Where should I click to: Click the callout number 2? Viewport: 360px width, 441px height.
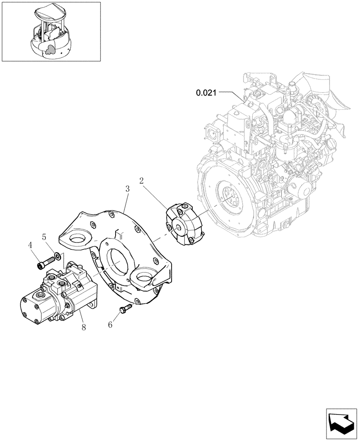click(x=142, y=180)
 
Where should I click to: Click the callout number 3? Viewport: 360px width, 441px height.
click(x=127, y=189)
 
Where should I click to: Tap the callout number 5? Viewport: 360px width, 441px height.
click(x=44, y=237)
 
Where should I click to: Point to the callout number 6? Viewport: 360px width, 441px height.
click(x=111, y=325)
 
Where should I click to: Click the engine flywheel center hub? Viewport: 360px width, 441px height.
click(x=229, y=198)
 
